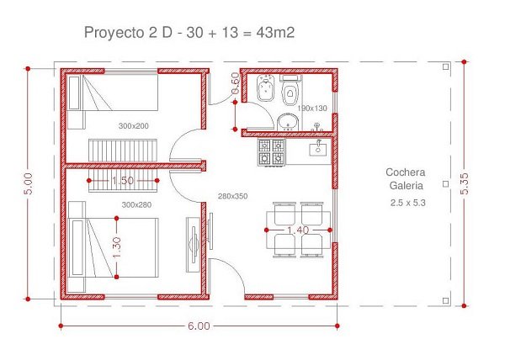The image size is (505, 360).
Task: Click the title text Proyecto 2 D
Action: click(x=128, y=33)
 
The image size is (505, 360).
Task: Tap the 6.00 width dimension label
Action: click(x=199, y=326)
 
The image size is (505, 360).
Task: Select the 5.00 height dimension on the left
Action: click(x=29, y=183)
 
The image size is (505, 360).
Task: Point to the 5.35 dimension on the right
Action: click(x=464, y=183)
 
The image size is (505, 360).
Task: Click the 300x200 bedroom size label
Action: click(x=133, y=126)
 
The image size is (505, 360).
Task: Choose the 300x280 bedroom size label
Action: click(x=136, y=205)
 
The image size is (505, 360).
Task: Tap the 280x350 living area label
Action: click(x=233, y=196)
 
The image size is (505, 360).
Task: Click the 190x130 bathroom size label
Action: click(x=312, y=109)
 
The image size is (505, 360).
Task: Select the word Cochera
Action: click(x=406, y=172)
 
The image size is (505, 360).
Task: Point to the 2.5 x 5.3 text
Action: click(x=407, y=203)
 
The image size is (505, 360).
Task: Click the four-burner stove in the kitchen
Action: click(x=271, y=152)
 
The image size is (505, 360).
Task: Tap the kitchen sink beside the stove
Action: click(x=318, y=149)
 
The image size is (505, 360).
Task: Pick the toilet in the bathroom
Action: click(x=291, y=90)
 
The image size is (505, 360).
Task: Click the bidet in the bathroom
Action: click(x=265, y=88)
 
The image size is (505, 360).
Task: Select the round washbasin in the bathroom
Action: click(x=288, y=122)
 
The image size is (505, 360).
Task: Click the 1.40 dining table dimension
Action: click(x=298, y=230)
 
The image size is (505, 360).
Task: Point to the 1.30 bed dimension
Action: click(x=117, y=247)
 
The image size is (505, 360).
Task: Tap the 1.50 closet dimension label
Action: click(x=123, y=181)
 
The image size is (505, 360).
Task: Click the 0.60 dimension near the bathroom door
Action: click(x=236, y=83)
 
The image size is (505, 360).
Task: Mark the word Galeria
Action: click(x=407, y=186)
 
